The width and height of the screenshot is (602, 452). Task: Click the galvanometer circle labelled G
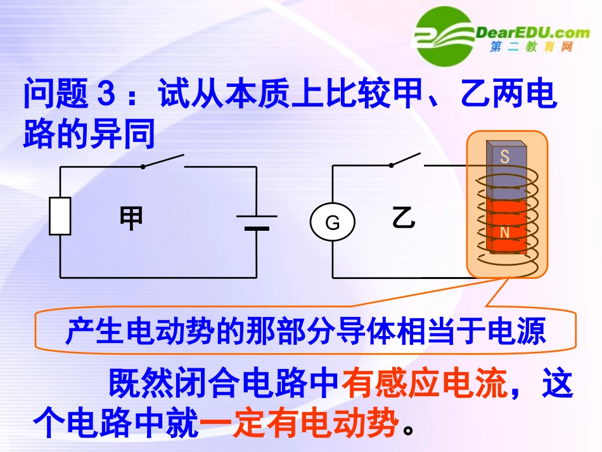(x=333, y=223)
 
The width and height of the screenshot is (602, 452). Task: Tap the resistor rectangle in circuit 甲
(x=60, y=216)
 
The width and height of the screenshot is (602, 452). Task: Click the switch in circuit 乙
(x=405, y=159)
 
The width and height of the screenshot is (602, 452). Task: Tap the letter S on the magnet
(x=504, y=157)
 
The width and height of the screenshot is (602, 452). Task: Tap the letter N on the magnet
(x=505, y=233)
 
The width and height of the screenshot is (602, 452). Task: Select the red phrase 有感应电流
(x=425, y=384)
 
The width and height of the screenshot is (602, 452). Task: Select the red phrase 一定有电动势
(x=300, y=422)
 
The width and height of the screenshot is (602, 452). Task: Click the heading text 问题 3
(x=70, y=95)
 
